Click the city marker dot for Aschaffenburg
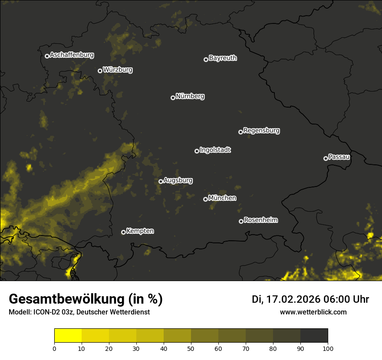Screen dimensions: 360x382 [47, 56]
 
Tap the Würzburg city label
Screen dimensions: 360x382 [118, 70]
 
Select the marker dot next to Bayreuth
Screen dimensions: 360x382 [206, 59]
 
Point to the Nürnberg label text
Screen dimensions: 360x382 [190, 96]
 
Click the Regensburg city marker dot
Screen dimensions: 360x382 [240, 132]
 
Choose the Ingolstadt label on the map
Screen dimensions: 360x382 [215, 150]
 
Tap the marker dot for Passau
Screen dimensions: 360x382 [326, 158]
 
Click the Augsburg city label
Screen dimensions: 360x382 [178, 180]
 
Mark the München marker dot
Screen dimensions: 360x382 [205, 199]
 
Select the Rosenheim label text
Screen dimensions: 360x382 [260, 220]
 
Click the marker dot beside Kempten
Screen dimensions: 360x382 [123, 232]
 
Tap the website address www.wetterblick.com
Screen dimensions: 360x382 [313, 312]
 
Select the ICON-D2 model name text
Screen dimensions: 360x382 [45, 312]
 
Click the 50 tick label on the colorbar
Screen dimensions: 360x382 [191, 348]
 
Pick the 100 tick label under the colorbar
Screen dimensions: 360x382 [328, 348]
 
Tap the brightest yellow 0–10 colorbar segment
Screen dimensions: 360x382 [68, 336]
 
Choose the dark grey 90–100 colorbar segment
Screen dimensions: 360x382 [314, 336]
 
